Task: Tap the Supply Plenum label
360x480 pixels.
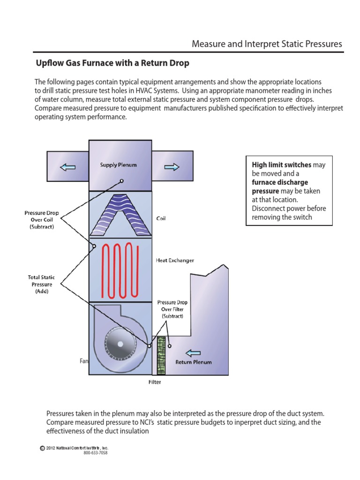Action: [x=118, y=165]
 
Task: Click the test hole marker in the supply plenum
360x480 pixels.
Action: [x=121, y=180]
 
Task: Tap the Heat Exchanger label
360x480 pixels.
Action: [x=175, y=260]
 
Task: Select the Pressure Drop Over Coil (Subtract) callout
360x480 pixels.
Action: [x=42, y=219]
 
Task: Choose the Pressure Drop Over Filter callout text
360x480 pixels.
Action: [x=172, y=309]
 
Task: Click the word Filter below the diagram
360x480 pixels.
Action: [x=155, y=382]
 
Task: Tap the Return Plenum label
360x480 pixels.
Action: [x=193, y=362]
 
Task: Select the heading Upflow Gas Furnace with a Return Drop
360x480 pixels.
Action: [x=112, y=62]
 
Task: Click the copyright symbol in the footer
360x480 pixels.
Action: [x=43, y=448]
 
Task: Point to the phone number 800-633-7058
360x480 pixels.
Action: [x=96, y=453]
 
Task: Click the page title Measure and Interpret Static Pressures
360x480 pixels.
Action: [x=267, y=44]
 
